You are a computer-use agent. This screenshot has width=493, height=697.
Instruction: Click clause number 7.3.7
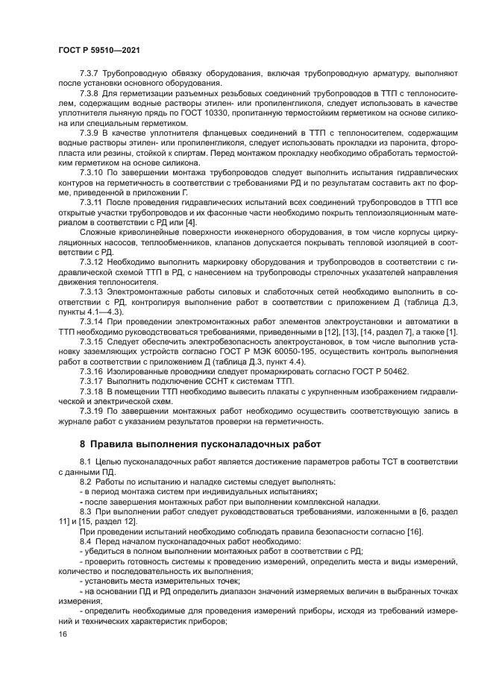[x=91, y=74]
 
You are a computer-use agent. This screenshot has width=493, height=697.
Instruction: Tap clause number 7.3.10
[x=93, y=171]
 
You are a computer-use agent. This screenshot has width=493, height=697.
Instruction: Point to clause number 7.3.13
[x=93, y=291]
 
